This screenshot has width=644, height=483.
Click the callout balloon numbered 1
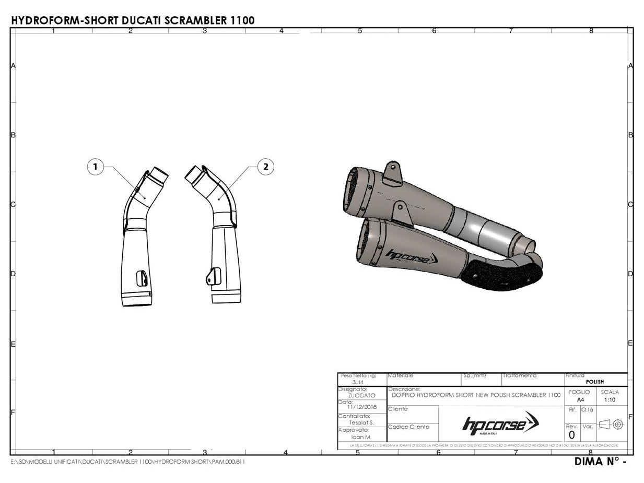(x=95, y=167)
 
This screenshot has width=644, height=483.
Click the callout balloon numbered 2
(x=266, y=167)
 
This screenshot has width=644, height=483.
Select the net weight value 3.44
(x=358, y=383)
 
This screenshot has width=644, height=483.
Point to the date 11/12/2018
(x=362, y=407)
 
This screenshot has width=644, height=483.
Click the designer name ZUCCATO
(x=361, y=396)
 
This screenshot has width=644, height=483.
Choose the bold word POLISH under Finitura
(x=594, y=382)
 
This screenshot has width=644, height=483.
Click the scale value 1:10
(x=610, y=399)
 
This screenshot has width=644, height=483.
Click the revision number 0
(x=571, y=435)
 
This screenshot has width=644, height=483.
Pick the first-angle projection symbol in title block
(x=612, y=425)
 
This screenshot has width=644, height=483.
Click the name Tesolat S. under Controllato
(x=361, y=422)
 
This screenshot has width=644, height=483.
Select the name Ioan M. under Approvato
(x=361, y=437)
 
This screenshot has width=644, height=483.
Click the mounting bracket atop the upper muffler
(x=392, y=174)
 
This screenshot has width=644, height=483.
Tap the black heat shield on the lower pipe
(x=496, y=273)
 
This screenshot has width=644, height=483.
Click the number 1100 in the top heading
(x=242, y=20)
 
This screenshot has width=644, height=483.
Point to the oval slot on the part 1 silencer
(x=142, y=278)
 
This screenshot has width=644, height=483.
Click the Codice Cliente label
(x=408, y=427)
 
